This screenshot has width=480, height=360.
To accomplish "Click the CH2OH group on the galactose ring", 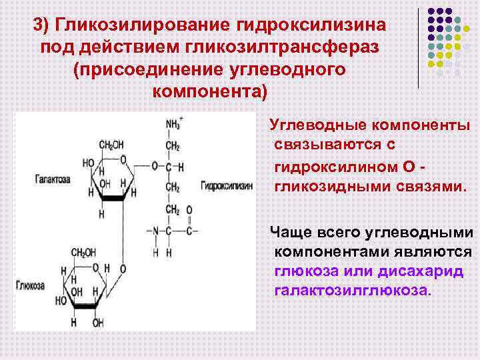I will pyautogui.click(x=110, y=145).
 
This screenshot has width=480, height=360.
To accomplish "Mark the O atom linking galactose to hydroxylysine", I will pyautogui.click(x=154, y=165).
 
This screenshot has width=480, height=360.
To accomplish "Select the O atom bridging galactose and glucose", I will pyautogui.click(x=122, y=269).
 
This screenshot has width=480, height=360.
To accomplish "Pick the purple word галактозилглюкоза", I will pyautogui.click(x=353, y=291).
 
